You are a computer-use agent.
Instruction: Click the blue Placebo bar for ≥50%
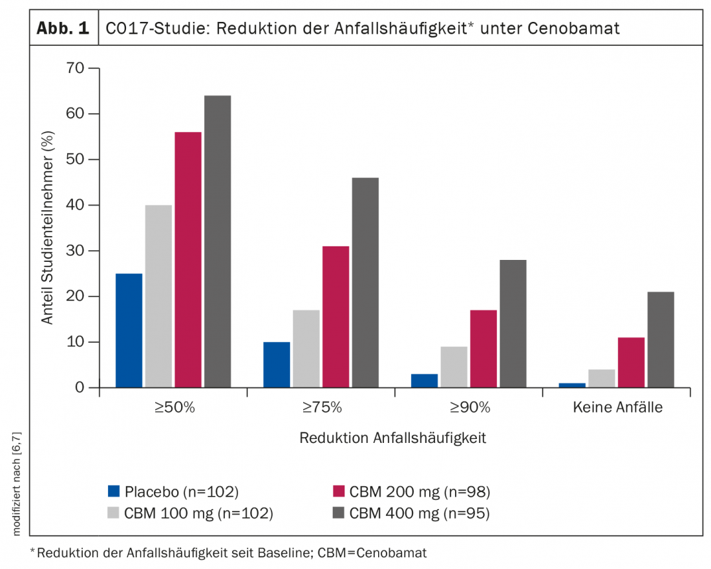tap(129, 330)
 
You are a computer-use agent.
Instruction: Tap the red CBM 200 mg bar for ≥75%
tap(336, 317)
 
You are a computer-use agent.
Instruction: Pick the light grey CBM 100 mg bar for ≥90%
tap(454, 367)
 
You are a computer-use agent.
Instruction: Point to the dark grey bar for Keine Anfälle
tap(661, 339)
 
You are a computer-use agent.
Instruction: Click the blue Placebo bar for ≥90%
tap(424, 380)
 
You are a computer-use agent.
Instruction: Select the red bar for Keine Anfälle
tap(631, 362)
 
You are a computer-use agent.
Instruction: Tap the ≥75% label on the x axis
tap(321, 408)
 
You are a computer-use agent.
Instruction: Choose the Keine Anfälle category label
tap(617, 408)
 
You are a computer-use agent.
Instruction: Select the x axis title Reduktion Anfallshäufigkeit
tap(392, 438)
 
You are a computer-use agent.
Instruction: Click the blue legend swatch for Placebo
tap(114, 491)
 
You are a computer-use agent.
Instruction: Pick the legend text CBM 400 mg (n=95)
tap(420, 513)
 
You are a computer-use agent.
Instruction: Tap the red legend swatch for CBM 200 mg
tap(337, 491)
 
